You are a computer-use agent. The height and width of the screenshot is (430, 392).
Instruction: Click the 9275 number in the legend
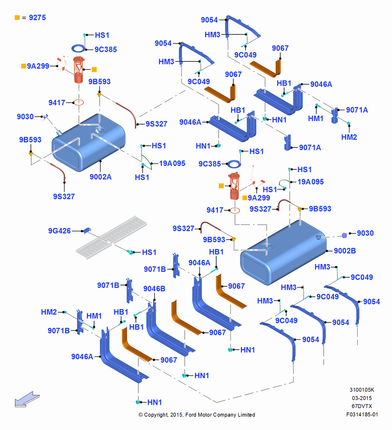[x=37, y=18]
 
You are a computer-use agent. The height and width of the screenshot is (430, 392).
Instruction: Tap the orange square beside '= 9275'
[x=17, y=18]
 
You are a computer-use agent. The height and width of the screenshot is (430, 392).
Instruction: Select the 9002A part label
[x=101, y=177]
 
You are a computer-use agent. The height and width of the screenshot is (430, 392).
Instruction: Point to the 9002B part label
[x=345, y=251]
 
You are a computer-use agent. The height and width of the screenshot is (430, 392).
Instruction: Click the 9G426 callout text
[x=59, y=231]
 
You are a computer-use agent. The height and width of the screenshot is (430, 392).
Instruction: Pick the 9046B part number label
[x=154, y=289]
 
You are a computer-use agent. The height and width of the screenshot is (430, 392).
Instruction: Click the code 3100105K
[x=362, y=390]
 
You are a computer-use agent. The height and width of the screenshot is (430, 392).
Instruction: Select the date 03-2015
[x=362, y=398]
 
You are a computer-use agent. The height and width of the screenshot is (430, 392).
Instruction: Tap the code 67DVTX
[x=362, y=406]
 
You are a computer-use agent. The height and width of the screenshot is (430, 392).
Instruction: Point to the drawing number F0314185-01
[x=362, y=415]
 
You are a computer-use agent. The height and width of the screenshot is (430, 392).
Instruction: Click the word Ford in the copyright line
[x=191, y=415]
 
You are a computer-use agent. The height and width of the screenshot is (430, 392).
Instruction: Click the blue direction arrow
[x=27, y=399]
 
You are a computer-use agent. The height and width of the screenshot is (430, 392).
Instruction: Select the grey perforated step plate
[x=111, y=237]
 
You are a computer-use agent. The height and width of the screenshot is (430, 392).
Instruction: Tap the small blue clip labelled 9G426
[x=87, y=230]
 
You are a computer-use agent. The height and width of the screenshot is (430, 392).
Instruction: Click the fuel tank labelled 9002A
[x=89, y=143]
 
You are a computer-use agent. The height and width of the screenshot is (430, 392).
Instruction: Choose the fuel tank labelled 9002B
[x=282, y=252]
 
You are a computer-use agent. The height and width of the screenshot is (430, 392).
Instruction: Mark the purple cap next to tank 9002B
[x=345, y=235]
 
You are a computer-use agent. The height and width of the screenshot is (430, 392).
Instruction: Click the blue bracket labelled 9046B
[x=170, y=329]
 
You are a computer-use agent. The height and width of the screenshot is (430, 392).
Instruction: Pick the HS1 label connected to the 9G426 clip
[x=149, y=252]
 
